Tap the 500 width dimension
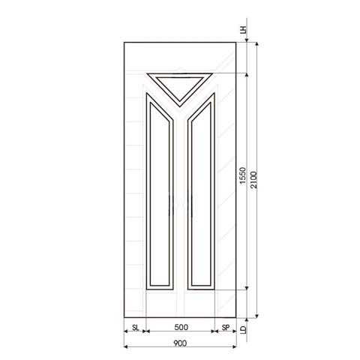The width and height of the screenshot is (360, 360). click(180, 328)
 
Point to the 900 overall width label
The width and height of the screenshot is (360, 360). click(180, 343)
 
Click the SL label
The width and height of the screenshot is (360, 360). click(136, 328)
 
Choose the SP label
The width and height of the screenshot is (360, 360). click(224, 328)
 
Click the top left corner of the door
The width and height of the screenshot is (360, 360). click(124, 42)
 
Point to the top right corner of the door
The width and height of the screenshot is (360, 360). click(235, 42)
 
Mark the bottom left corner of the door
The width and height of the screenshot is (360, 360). click(124, 316)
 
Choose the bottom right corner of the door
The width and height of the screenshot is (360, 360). click(235, 316)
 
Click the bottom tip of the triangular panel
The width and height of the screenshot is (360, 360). click(180, 102)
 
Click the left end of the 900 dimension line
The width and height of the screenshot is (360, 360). click(124, 347)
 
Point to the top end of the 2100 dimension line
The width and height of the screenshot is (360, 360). click(256, 42)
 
